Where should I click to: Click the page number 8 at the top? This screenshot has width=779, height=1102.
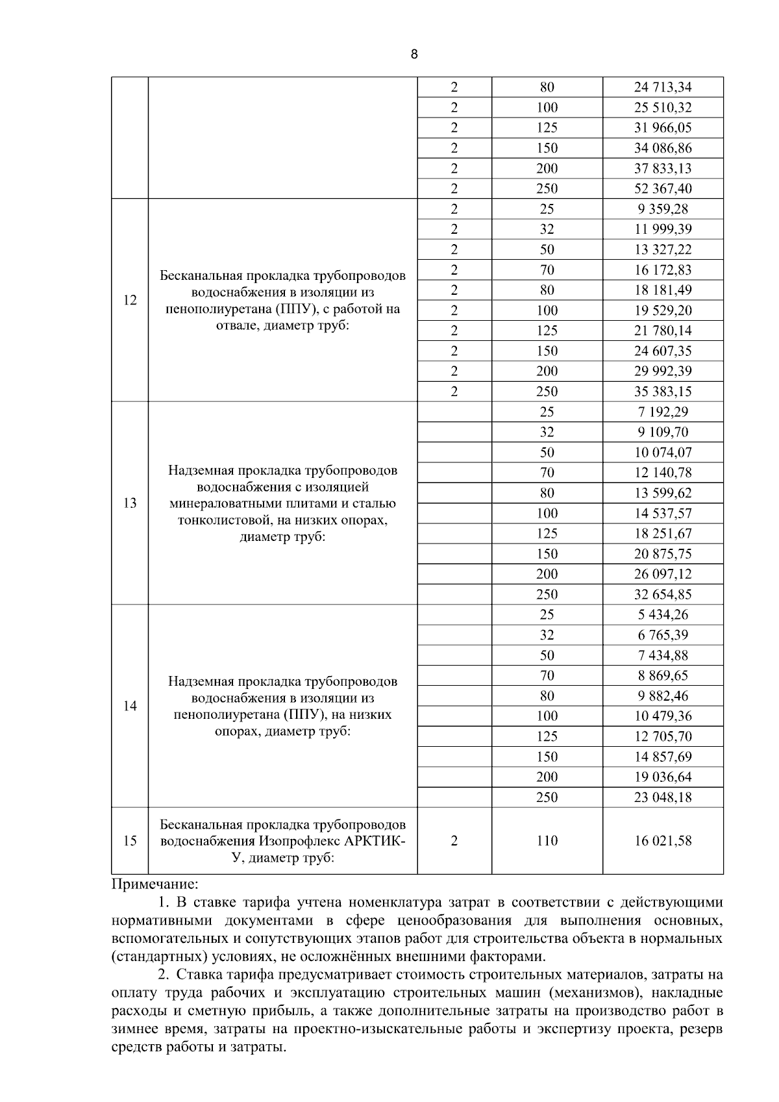coord(414,55)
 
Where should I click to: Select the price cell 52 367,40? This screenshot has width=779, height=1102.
coord(662,188)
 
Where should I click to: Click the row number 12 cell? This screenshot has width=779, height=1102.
coord(130,300)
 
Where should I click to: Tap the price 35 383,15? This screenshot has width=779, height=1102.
coord(662,391)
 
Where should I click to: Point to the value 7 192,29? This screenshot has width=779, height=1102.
coord(662,412)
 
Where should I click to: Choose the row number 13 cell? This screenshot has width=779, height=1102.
coord(130,503)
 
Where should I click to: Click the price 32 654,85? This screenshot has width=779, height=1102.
coord(662,594)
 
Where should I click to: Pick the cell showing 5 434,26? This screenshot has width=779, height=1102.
coord(662,614)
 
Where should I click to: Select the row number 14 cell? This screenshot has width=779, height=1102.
coord(130,706)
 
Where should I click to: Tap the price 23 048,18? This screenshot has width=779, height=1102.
coord(662,797)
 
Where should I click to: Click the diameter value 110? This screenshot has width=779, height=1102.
coord(547,841)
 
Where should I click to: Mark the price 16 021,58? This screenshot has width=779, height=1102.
coord(662,841)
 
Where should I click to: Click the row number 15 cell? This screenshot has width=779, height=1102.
coord(130,841)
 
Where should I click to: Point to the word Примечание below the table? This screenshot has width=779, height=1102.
coord(155,884)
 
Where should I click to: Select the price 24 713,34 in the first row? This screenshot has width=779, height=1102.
coord(662,87)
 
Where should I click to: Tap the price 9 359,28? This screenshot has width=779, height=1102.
coord(662,209)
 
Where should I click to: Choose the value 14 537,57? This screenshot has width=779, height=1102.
coord(662,513)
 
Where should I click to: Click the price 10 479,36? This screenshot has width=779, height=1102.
coord(662,716)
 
